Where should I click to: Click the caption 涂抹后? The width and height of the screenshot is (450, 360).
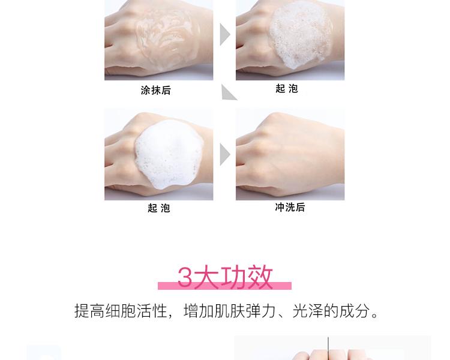coord(156,90)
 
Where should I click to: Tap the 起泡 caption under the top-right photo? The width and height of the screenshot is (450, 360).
coord(287,88)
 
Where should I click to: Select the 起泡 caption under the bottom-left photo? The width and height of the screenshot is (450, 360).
coord(159,208)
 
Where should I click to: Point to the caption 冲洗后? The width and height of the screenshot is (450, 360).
coord(290,207)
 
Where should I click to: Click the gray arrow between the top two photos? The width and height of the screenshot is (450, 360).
coord(224,34)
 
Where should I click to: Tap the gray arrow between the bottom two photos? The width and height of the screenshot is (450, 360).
coord(224,154)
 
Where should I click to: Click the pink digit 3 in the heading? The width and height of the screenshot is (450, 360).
coord(185,277)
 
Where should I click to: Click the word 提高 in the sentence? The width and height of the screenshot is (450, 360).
coord(89,311)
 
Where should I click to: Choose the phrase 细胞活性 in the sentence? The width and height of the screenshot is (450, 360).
coord(136,311)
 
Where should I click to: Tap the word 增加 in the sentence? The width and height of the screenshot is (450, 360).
coord(199,311)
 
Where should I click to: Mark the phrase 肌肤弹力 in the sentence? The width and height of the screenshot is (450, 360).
coord(245,311)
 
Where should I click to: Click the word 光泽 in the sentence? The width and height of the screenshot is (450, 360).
coord(308,311)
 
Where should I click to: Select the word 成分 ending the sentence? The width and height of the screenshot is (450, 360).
coord(355,311)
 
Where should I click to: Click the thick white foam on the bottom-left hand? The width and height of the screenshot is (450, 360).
coord(169,154)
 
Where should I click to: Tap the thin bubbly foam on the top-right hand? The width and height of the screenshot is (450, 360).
coord(301,34)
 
